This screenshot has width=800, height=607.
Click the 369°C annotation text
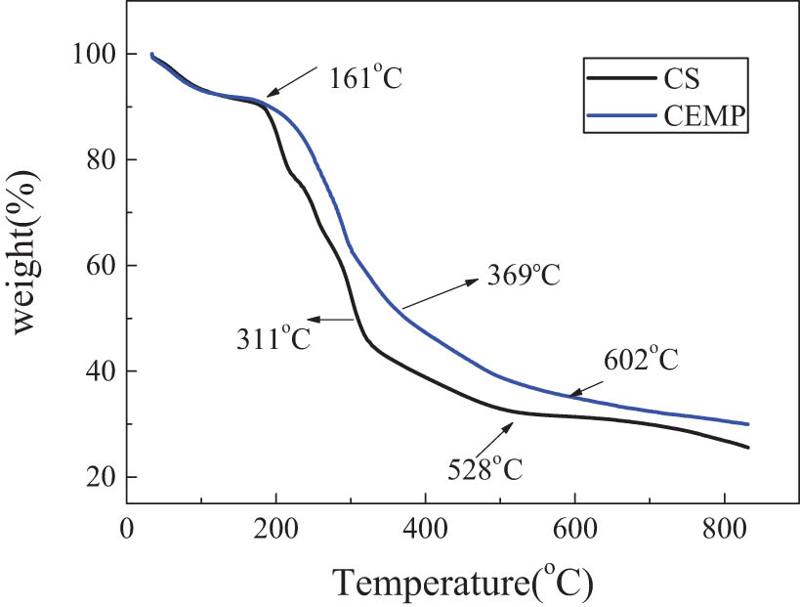pyautogui.click(x=524, y=276)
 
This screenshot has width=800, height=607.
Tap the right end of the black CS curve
pyautogui.click(x=747, y=448)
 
